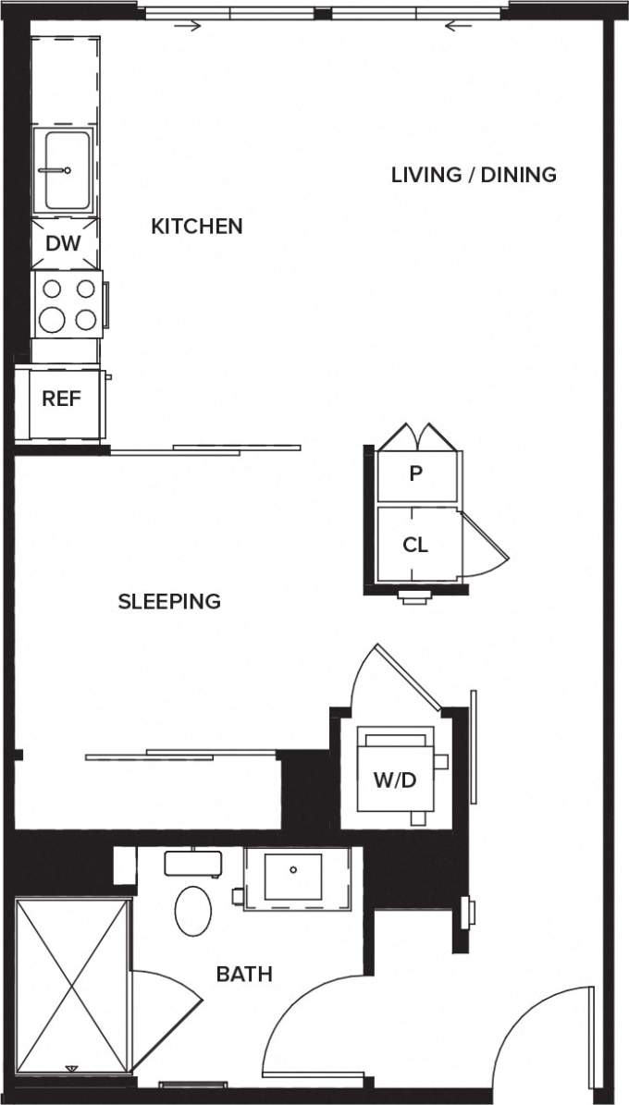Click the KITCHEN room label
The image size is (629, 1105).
(x=197, y=227)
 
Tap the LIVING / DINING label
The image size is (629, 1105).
(x=474, y=174)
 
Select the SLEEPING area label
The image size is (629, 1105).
(x=169, y=601)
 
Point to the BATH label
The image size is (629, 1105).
(x=244, y=974)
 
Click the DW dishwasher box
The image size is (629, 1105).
(x=64, y=244)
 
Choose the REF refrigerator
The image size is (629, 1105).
(x=61, y=399)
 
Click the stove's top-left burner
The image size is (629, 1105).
(x=53, y=289)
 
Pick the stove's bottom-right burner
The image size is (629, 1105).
(x=86, y=320)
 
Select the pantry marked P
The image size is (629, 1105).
(x=416, y=474)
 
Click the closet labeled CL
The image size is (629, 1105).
(x=416, y=545)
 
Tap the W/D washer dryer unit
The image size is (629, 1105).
(x=395, y=780)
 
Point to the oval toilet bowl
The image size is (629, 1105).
(x=192, y=910)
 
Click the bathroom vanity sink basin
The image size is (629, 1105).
(x=293, y=877)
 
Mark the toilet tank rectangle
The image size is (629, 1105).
(x=192, y=863)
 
